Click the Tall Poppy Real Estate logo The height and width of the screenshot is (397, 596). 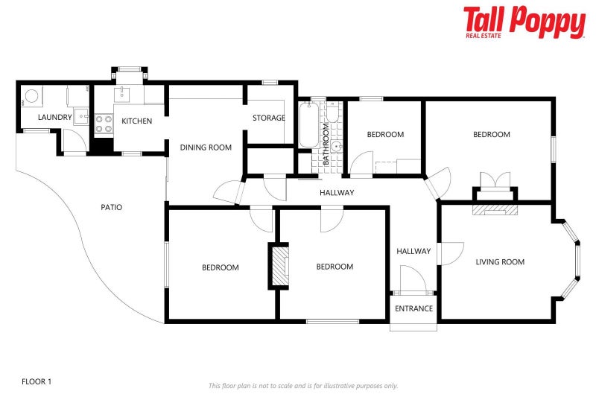(524, 22)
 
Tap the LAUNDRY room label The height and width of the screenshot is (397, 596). (55, 117)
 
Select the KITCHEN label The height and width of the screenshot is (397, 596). (137, 121)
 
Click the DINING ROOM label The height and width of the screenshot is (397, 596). (206, 147)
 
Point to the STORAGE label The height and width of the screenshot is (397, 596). (268, 118)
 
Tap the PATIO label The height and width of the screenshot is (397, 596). (111, 207)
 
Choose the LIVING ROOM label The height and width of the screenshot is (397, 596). (500, 261)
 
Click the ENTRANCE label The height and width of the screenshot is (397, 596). (413, 308)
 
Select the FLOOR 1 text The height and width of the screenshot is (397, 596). (37, 381)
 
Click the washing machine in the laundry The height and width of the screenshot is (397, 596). (31, 96)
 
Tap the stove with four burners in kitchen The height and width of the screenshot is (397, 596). (103, 123)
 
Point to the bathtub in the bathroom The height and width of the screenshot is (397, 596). (308, 125)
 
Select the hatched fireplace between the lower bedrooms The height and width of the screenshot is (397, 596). (279, 265)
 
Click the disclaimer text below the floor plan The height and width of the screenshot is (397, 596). (302, 386)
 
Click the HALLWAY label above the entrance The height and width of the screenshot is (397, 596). (413, 251)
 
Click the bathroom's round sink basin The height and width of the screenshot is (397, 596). (337, 147)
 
